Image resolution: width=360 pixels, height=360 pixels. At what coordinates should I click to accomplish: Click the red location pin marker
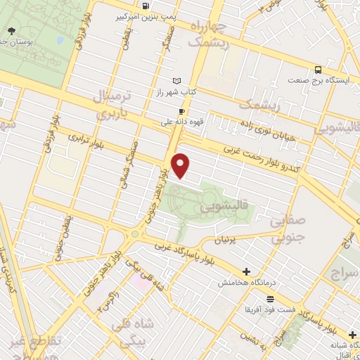(x=181, y=166)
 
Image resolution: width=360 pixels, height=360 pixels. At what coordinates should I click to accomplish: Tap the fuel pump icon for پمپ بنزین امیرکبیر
(x=146, y=6)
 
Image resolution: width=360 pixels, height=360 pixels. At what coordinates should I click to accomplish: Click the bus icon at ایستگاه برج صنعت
(x=319, y=70)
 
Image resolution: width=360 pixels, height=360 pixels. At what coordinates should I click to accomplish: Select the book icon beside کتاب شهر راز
(x=176, y=81)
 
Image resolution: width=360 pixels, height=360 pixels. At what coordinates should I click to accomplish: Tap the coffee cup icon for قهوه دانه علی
(x=181, y=111)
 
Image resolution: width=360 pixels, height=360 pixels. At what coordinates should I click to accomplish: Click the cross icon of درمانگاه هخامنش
(x=245, y=271)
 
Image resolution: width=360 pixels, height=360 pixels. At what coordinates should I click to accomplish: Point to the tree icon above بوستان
(x=12, y=31)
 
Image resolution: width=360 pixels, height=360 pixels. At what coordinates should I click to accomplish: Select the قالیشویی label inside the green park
(x=224, y=208)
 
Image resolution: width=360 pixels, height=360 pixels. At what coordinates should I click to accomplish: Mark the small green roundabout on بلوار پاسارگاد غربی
(x=134, y=233)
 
